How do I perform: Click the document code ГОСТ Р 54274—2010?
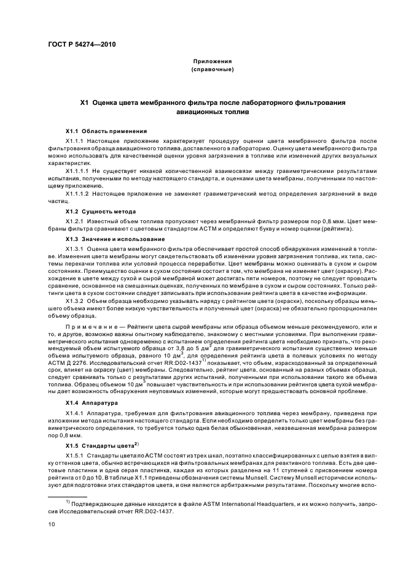click(81, 45)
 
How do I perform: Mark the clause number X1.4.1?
click(77, 414)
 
